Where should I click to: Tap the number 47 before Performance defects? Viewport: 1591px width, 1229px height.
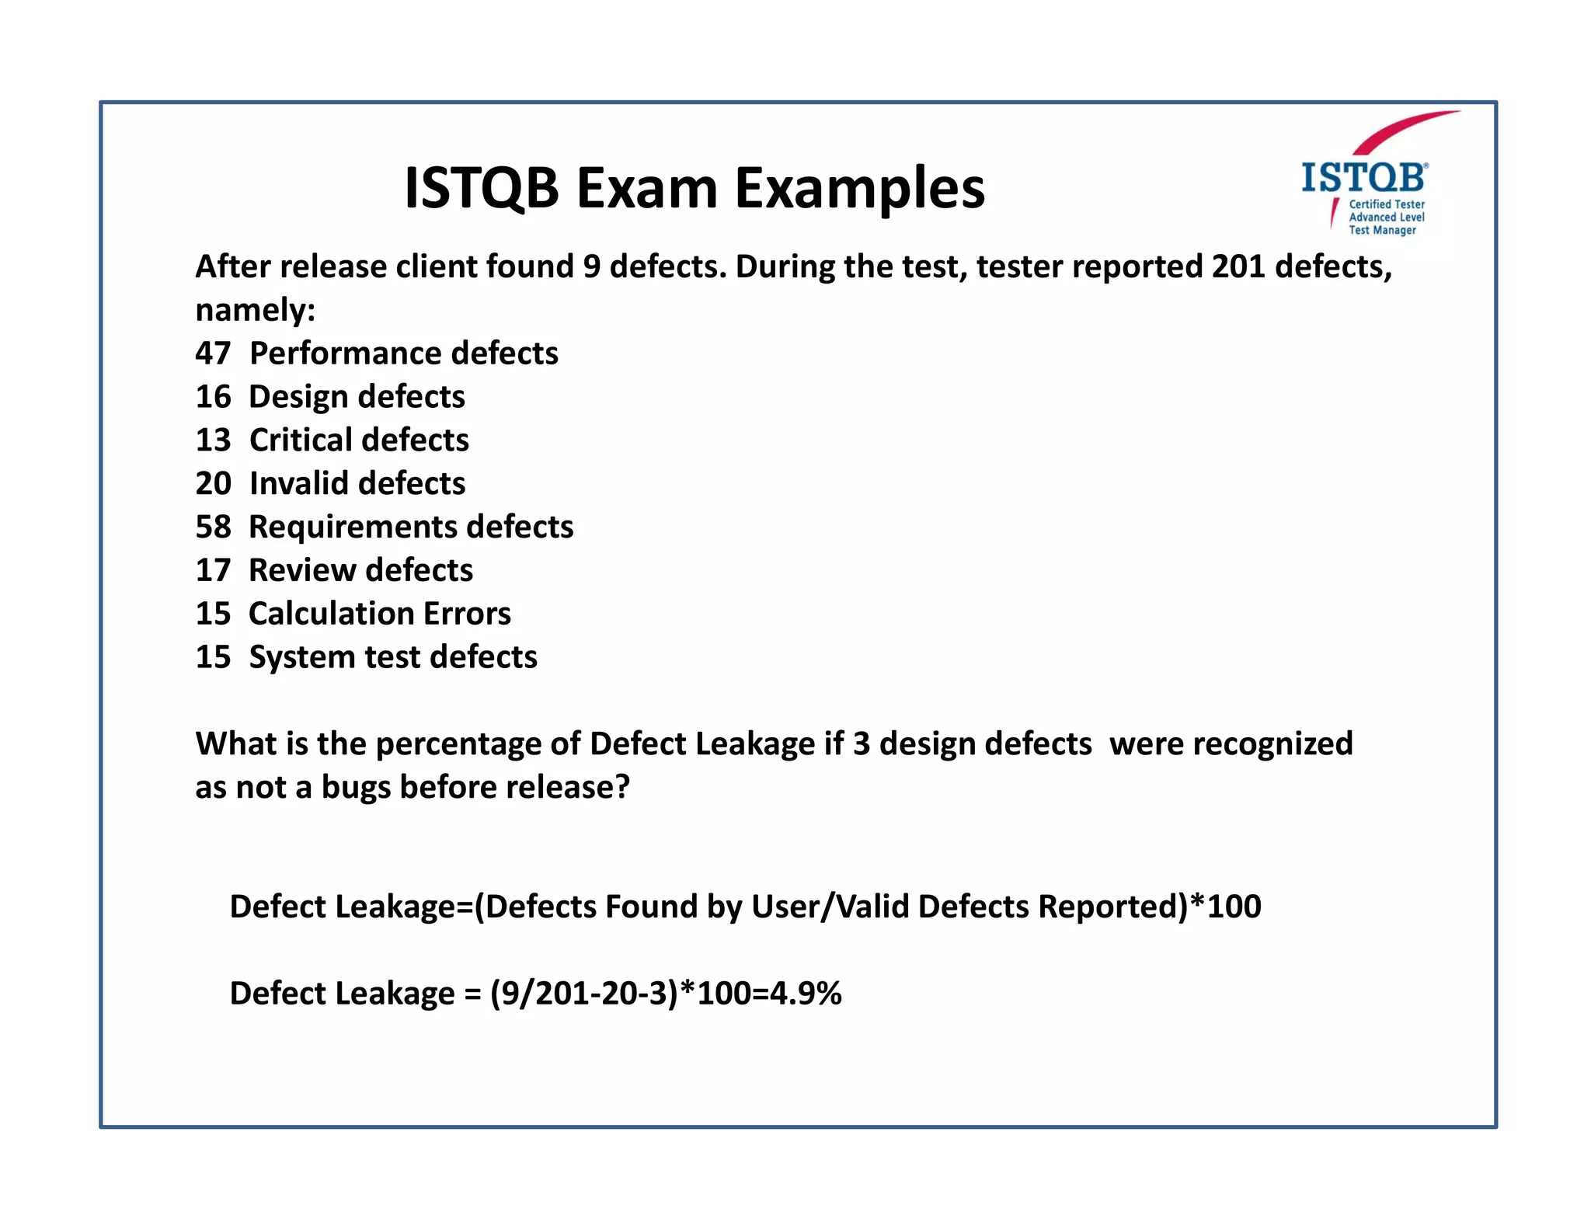point(213,353)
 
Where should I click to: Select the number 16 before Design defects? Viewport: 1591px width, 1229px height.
point(213,397)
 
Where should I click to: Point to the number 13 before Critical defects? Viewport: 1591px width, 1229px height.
point(213,440)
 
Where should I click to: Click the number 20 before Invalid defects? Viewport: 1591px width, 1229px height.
point(213,484)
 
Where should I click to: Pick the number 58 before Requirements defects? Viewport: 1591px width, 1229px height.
point(213,527)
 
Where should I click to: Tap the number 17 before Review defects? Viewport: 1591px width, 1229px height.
point(213,571)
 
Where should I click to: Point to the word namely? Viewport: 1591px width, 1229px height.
point(255,310)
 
